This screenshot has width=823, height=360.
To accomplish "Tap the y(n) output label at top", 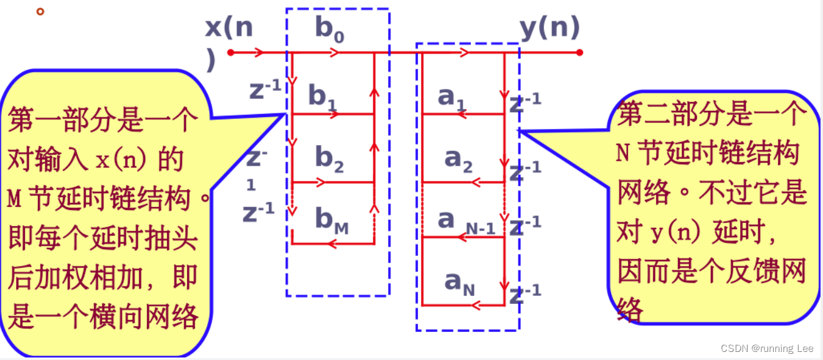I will (x=549, y=27).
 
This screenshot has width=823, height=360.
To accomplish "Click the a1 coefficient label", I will (x=452, y=97).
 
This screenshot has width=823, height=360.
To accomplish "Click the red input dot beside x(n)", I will (x=231, y=53).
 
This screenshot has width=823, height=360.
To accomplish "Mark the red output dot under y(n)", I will (x=579, y=53).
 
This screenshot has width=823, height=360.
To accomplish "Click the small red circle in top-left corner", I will (x=40, y=11).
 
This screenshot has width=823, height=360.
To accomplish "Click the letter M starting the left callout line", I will (x=14, y=199).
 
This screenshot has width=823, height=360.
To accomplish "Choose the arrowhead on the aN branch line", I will (x=477, y=305).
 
